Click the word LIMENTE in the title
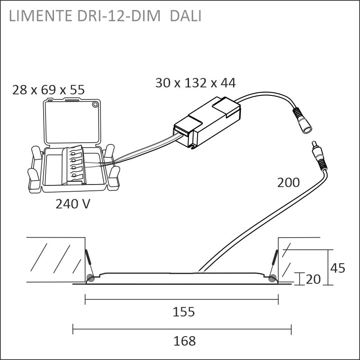coord(40,16)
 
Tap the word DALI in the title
coord(185,16)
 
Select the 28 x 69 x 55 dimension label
coord(49,90)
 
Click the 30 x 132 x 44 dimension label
coord(195,83)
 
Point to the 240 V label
coord(73,204)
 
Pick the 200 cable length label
coord(288,183)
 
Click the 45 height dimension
coord(337,268)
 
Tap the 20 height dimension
coord(313,279)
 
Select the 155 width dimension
coord(184,312)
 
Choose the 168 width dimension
coord(184,341)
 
